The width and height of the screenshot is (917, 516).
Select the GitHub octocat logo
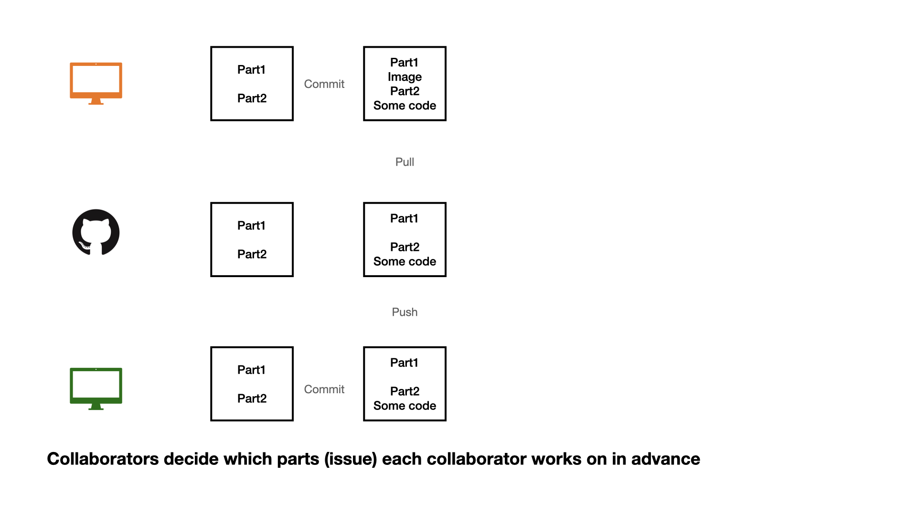96,232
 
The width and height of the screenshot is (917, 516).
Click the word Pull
405,162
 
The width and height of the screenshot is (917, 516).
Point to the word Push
405,312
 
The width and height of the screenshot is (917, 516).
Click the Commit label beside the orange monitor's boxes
324,84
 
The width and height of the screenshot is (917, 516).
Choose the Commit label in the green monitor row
324,389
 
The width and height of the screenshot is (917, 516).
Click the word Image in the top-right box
405,77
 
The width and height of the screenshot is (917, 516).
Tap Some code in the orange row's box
405,106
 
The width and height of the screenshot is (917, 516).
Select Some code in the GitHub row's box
405,261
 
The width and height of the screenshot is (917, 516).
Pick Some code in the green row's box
405,406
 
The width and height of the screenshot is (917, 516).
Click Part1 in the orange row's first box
251,70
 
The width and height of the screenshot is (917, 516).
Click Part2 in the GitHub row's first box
252,254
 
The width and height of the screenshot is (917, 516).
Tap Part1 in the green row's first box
251,370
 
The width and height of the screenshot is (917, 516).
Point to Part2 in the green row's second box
405,391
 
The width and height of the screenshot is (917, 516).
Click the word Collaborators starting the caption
103,459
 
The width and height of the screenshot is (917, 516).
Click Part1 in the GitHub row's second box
404,218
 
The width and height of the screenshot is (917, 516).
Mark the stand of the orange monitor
96,101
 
